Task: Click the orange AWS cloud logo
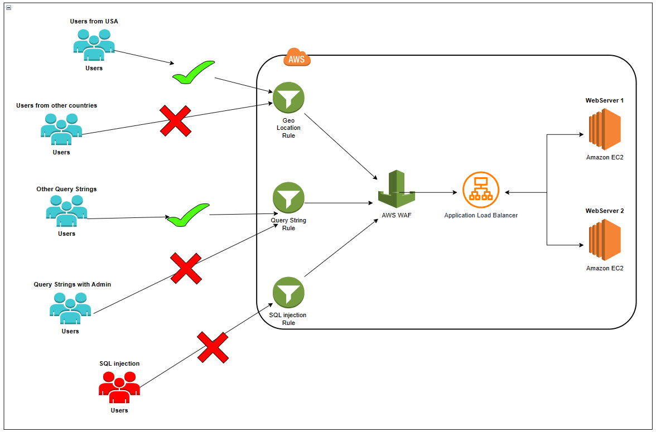point(297,57)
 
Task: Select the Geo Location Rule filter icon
point(288,98)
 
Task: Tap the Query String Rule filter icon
point(288,198)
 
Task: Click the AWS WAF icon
point(397,190)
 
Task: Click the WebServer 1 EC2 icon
point(604,129)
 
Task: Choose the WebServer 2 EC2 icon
point(604,240)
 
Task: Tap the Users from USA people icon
point(94,45)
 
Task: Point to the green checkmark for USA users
point(192,73)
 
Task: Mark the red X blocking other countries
point(176,121)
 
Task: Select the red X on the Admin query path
point(186,269)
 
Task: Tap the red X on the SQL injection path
point(213,348)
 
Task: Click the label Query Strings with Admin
point(73,284)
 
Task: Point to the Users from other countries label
point(56,105)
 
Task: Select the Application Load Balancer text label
point(481,215)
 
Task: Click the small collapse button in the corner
point(8,8)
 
